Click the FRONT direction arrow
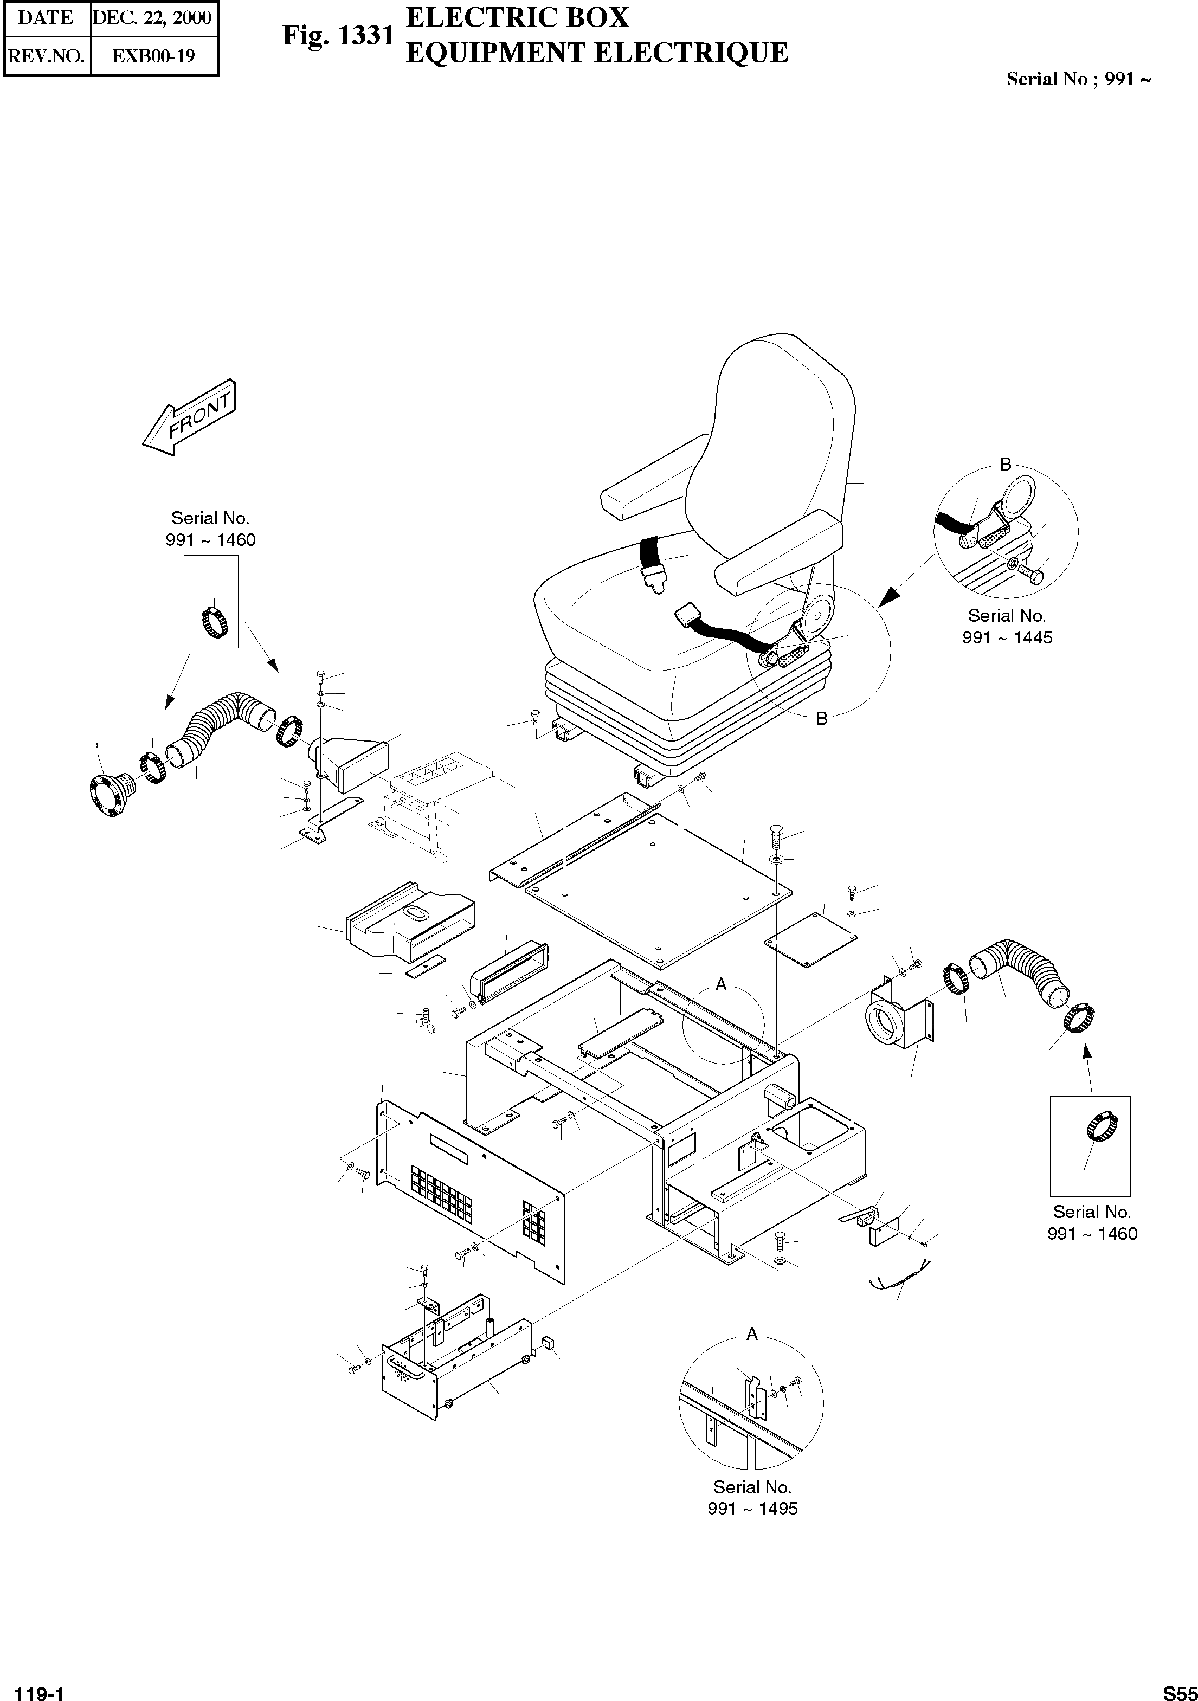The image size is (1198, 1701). coord(190,418)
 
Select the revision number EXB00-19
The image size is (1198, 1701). coord(153,56)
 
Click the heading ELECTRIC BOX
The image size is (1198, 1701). coord(517,17)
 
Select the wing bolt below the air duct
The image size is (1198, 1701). coord(427,1020)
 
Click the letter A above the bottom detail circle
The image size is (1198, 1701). coord(752,1334)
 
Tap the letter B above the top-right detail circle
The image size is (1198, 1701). coord(1006,465)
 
